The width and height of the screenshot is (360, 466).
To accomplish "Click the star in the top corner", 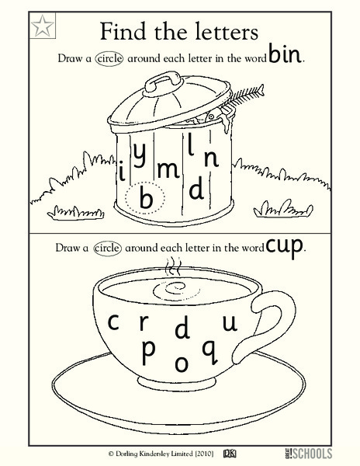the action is [43, 26].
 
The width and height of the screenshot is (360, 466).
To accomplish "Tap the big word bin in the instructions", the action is [284, 53].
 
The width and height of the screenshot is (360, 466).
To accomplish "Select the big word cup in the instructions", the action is [284, 246].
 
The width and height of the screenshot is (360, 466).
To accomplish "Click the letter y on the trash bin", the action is [139, 155].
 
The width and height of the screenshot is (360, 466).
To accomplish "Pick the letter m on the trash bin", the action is [168, 169].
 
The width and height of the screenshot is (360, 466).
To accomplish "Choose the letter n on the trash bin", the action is [211, 159].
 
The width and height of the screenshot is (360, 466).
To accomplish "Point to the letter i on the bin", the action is [122, 171].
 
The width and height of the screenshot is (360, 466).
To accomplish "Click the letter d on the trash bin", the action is [196, 187].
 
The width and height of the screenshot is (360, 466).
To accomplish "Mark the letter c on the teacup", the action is [113, 322].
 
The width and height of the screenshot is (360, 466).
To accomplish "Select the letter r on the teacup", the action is [144, 322].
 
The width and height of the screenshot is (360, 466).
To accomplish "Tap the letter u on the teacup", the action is [230, 323].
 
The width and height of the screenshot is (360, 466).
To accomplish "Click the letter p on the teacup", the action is [148, 353].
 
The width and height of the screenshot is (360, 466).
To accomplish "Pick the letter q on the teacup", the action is [210, 352].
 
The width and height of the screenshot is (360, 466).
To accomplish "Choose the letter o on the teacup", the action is [182, 363].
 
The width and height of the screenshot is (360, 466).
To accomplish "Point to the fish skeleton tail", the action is [261, 89].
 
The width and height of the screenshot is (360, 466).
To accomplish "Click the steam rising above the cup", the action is [173, 266].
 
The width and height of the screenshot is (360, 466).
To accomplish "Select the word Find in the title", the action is [123, 31].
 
